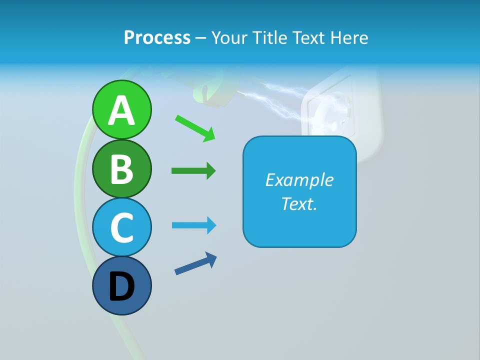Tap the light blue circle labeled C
[121, 227]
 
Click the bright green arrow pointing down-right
[195, 128]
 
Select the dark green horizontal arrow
[193, 171]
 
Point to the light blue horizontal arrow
[194, 225]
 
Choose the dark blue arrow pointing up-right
[195, 263]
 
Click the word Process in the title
[157, 37]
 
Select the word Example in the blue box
[299, 180]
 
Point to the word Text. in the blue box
[299, 203]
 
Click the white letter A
[121, 110]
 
